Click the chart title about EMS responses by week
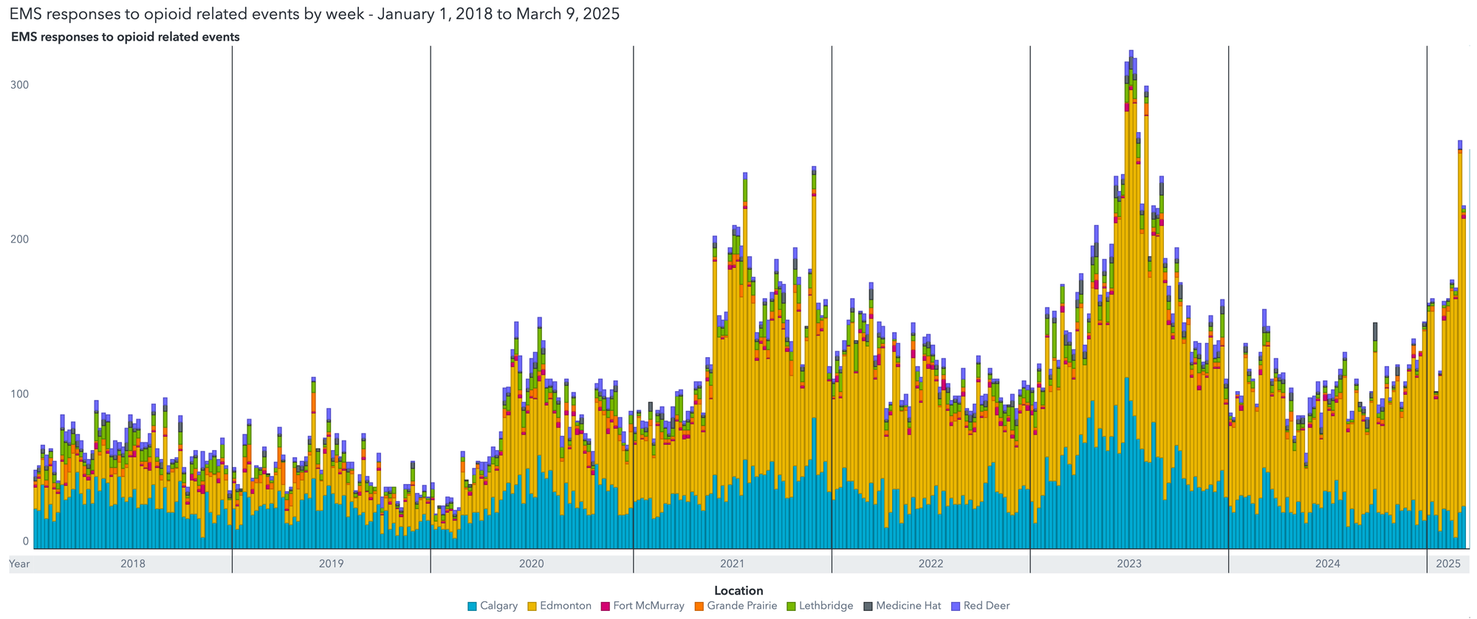coord(314,14)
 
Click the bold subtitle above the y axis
coord(125,37)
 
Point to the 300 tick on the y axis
coord(19,85)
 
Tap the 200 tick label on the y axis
coord(19,239)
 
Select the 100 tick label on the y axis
coord(19,393)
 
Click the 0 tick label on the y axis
coord(25,541)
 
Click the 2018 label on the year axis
coord(133,564)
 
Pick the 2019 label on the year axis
coord(331,564)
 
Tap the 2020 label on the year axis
coord(532,564)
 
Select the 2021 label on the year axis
coord(732,564)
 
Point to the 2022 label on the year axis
coord(931,564)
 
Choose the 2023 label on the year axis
coord(1129,564)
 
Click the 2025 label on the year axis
coord(1448,564)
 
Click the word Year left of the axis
coord(19,564)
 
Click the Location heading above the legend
coord(738,590)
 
